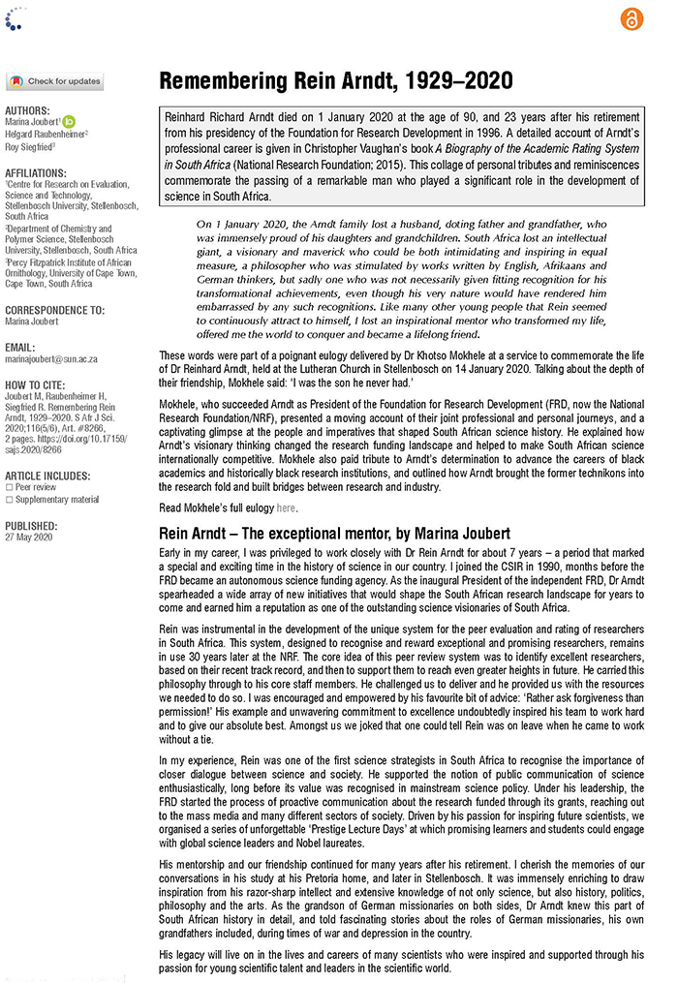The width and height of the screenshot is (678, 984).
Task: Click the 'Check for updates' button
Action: (54, 82)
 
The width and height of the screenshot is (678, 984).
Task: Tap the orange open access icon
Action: (631, 18)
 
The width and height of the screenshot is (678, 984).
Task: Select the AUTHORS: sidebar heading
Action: (27, 110)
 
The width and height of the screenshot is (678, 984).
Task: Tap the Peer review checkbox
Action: (9, 487)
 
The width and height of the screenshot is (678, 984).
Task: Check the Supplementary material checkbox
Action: (9, 500)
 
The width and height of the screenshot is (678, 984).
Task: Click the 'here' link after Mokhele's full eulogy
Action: (286, 507)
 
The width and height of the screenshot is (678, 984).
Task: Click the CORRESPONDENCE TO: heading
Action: (54, 311)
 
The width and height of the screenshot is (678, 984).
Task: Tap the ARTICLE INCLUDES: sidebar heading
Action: (47, 476)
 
